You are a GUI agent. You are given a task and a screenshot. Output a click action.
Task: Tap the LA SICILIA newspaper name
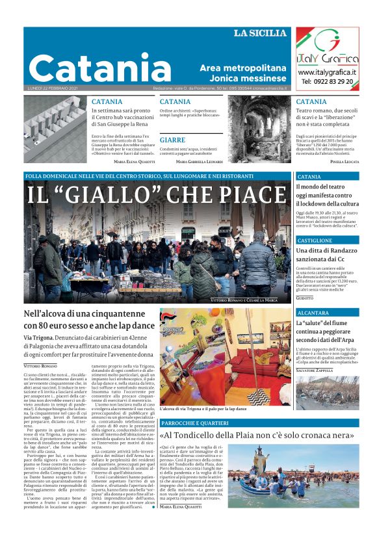click(x=259, y=33)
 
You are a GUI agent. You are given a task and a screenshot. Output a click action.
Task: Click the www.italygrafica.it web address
click(x=328, y=72)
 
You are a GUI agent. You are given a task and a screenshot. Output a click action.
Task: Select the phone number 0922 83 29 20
click(x=328, y=82)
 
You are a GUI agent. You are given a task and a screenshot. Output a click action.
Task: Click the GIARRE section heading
click(x=172, y=140)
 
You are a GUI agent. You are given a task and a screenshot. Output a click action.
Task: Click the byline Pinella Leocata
click(x=344, y=161)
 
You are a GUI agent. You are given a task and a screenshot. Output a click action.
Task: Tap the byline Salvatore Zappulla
click(x=318, y=370)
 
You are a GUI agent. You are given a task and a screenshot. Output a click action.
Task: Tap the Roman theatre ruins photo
click(x=258, y=129)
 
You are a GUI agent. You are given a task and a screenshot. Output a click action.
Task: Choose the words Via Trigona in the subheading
click(x=40, y=338)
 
